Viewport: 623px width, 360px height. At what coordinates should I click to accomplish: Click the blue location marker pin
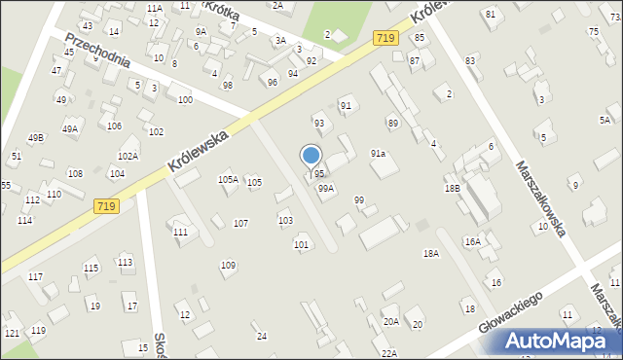click(x=311, y=157)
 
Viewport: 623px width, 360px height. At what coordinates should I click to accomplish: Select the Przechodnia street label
click(x=97, y=59)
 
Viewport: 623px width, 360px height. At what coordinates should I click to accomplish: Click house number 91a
click(x=378, y=154)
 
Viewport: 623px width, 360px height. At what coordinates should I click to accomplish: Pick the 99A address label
click(x=326, y=189)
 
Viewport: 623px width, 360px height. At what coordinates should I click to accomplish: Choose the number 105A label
click(x=228, y=179)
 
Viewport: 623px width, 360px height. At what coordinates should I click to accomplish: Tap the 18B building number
click(x=452, y=189)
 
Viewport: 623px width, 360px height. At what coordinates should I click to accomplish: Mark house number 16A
click(x=473, y=241)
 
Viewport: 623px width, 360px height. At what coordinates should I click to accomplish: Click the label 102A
click(x=128, y=156)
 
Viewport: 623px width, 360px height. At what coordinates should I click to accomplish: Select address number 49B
click(x=36, y=138)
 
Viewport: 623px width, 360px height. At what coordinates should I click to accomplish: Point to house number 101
click(x=302, y=244)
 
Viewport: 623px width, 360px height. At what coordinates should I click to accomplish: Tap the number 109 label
click(x=228, y=266)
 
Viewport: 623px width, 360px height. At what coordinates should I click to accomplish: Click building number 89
click(x=392, y=124)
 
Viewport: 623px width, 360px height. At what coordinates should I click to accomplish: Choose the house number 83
click(x=470, y=60)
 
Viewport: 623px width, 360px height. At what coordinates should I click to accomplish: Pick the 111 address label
click(x=180, y=232)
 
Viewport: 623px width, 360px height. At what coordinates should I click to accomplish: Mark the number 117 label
click(x=35, y=277)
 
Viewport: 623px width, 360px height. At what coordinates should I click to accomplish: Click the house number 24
click(x=261, y=337)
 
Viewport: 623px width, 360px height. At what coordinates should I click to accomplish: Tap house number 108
click(x=75, y=174)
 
